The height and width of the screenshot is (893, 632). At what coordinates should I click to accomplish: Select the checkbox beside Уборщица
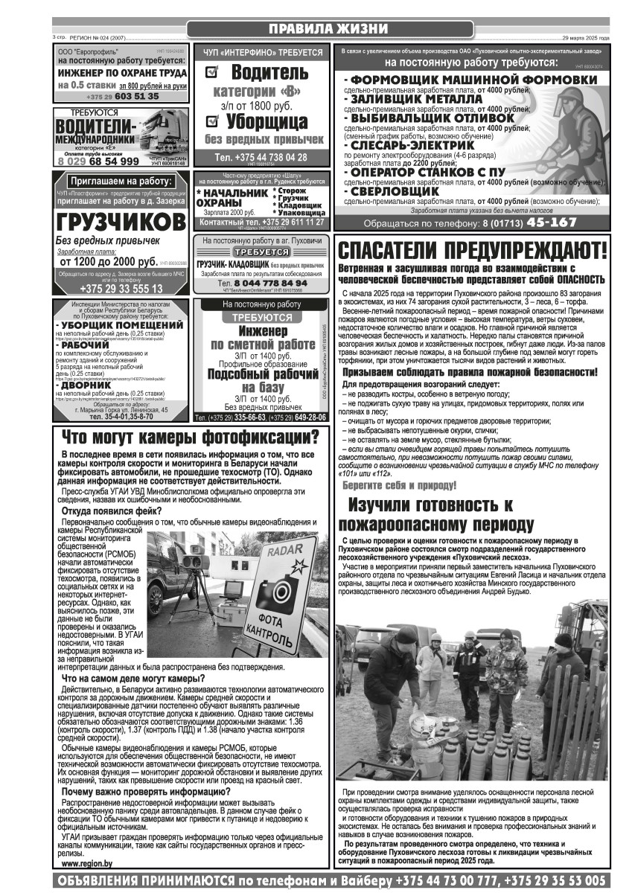211,120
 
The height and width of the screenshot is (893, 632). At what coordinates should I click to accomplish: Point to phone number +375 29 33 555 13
121,288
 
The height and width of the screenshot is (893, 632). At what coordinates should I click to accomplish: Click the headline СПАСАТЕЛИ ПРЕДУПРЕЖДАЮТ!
472,249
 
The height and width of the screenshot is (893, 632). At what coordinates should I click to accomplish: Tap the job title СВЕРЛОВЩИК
394,191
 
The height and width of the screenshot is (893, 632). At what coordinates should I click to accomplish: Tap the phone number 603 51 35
137,96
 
